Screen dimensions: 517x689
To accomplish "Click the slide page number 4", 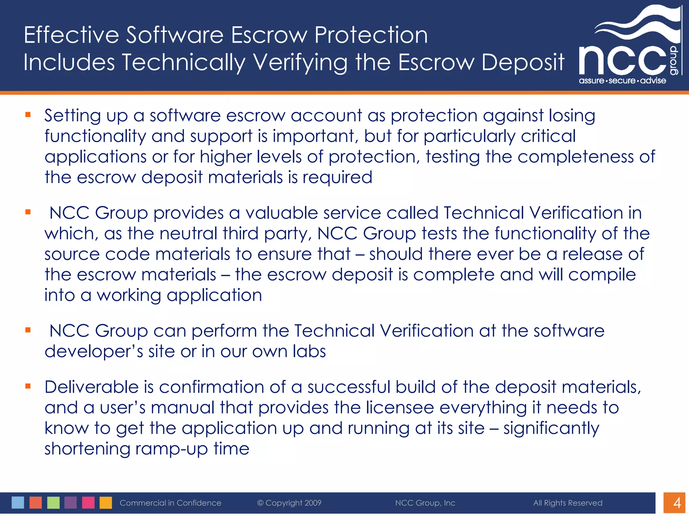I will point(677,503).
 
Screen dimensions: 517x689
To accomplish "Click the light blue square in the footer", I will point(18,503).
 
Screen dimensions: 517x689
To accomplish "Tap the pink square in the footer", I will point(88,503).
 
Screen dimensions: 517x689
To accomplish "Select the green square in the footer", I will point(53,503).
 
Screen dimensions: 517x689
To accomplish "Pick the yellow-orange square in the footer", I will point(106,503).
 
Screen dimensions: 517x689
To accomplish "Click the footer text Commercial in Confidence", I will point(171,503).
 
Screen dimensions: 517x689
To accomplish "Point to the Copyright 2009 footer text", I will point(289,503).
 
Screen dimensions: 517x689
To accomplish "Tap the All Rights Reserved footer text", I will point(568,503).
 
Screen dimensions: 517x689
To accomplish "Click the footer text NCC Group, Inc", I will point(425,503).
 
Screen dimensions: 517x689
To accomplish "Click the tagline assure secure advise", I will point(622,81).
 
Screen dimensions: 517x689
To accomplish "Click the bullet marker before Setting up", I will point(28,115).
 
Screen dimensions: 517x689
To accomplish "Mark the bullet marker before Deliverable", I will point(28,386).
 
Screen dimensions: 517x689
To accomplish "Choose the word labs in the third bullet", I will point(309,351).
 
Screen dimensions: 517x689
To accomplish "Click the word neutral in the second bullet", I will point(188,234).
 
